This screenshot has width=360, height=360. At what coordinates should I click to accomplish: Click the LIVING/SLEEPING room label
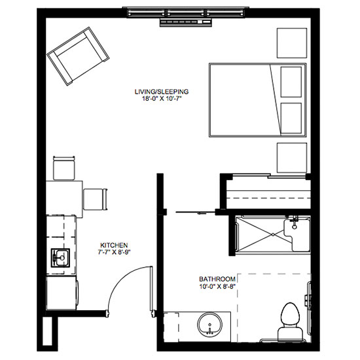click(x=162, y=92)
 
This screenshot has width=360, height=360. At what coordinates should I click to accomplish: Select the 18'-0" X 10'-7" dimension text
click(x=162, y=99)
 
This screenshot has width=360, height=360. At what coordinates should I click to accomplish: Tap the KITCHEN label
click(x=114, y=245)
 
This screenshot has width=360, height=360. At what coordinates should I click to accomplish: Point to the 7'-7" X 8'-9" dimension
click(x=114, y=252)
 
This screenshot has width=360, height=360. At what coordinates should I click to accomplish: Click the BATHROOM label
click(x=217, y=279)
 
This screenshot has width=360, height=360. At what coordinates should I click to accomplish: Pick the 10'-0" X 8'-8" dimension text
click(x=218, y=286)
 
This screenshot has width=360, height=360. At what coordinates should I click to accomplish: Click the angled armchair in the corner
click(x=78, y=56)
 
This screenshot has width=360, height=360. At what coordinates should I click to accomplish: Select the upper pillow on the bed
click(x=291, y=82)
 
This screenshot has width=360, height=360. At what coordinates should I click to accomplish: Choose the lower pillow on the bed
click(x=291, y=118)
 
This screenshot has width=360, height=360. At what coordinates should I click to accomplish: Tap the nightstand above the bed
click(x=292, y=43)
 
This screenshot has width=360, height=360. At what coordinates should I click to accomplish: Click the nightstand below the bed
click(x=292, y=158)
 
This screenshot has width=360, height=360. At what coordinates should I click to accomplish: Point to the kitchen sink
click(x=60, y=258)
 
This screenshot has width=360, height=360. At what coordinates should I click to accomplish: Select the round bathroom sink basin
click(x=209, y=324)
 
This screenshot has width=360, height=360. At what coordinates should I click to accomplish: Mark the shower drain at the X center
click(x=273, y=234)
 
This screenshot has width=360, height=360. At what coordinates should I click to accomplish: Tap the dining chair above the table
click(x=64, y=168)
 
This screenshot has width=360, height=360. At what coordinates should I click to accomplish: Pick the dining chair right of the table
click(x=96, y=199)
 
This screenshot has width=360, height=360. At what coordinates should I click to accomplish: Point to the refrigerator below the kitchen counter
click(x=62, y=293)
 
